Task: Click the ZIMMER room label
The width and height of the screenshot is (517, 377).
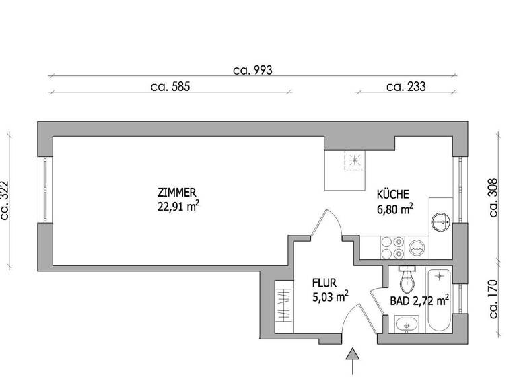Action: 176,192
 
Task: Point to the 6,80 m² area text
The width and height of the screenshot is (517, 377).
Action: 395,209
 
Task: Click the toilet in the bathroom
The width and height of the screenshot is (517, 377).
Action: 406,279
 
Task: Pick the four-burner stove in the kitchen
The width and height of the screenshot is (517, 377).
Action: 391,247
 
